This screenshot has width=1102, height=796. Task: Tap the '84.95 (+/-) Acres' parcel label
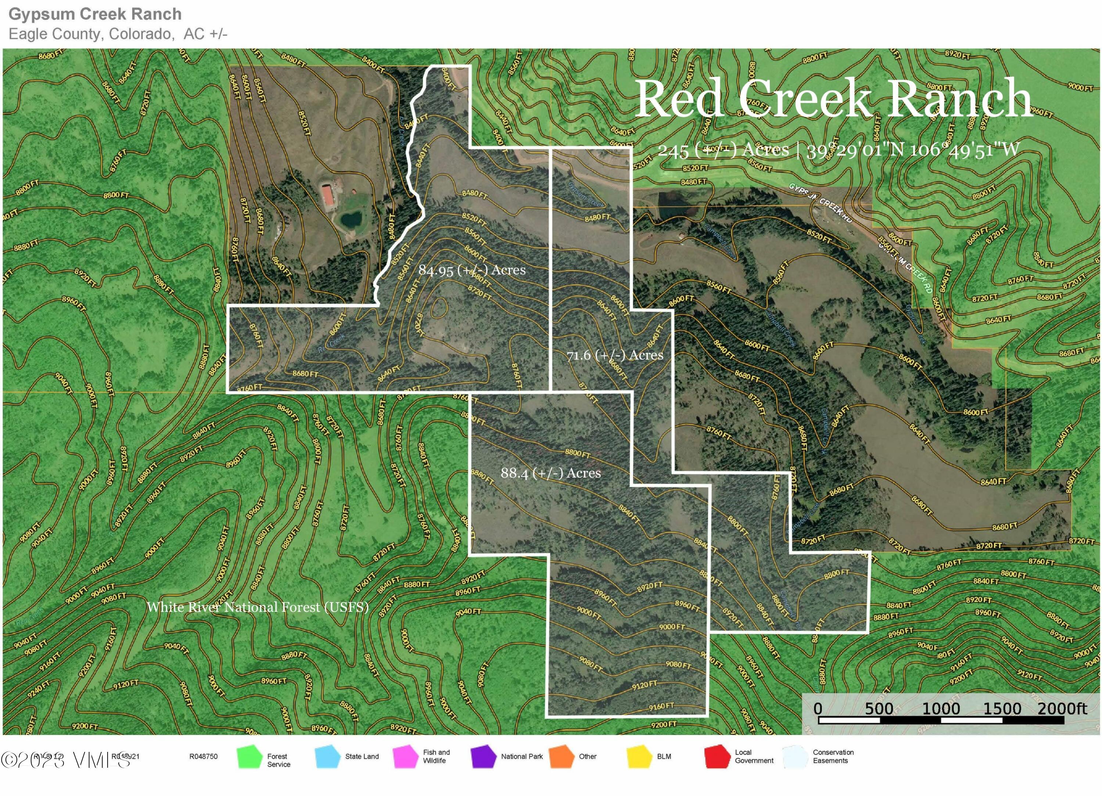[x=472, y=270]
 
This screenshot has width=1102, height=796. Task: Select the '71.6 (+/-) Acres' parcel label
[x=615, y=355]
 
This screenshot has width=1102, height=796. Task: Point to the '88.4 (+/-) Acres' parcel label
[x=550, y=473]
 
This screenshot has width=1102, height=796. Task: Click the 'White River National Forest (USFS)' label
[x=258, y=607]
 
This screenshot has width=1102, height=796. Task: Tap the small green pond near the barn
[x=350, y=220]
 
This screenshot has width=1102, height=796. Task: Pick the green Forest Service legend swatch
[x=249, y=757]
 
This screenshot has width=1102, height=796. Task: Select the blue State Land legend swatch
[x=327, y=757]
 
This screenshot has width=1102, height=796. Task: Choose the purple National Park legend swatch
[x=483, y=757]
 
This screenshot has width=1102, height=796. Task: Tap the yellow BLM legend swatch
[x=639, y=757]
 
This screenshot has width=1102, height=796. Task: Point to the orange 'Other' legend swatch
[x=561, y=757]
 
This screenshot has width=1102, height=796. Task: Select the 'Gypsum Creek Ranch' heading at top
[x=95, y=14]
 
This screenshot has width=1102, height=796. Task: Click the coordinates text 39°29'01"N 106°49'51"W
[x=913, y=150]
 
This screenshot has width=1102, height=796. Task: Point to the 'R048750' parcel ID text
[x=203, y=756]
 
